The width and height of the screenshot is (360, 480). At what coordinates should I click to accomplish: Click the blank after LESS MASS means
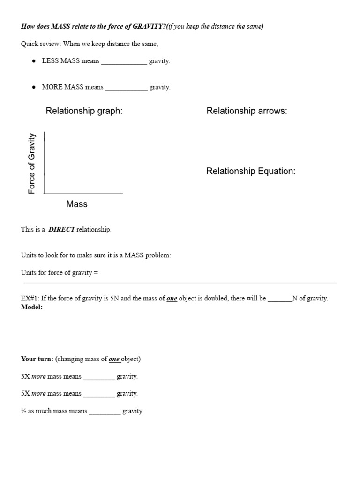coord(124,61)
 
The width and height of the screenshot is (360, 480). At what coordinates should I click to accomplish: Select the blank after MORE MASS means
coord(126,87)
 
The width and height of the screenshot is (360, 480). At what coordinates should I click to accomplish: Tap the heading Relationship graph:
coord(84,111)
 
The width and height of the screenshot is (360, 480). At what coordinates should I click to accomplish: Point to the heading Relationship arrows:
coord(247,111)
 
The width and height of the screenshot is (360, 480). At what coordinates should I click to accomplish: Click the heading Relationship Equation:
coord(251,171)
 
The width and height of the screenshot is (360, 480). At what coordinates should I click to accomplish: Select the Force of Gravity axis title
coord(32,164)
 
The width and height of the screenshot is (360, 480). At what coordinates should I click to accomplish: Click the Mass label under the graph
coord(77,204)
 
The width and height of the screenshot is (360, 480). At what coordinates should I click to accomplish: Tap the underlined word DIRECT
coord(61,230)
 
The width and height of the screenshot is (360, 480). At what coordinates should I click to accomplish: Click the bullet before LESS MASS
coord(34,61)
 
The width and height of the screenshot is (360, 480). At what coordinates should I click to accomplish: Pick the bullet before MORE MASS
coord(34,87)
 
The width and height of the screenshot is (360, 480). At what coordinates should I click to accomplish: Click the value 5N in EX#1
coord(115,299)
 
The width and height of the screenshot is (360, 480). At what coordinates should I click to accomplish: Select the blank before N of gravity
coord(280,299)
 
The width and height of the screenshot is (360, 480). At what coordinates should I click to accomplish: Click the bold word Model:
coord(32,307)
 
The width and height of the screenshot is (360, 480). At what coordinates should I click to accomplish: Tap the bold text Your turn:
coord(37,359)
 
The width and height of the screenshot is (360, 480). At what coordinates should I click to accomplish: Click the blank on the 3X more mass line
coord(99,377)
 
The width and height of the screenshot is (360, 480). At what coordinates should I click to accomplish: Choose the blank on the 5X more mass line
coord(99,394)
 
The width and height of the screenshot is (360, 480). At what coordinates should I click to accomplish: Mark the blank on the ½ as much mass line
coord(105,412)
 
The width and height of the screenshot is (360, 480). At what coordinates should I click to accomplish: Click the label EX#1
coord(29,299)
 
